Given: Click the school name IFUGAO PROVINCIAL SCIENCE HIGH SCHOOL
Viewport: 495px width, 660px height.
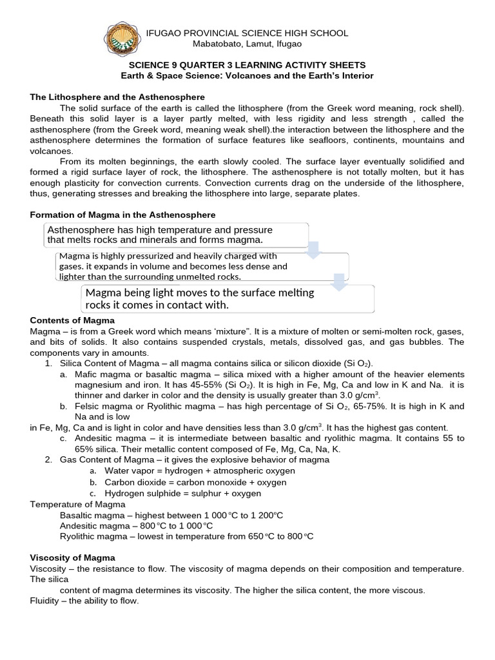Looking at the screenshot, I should point(247,33).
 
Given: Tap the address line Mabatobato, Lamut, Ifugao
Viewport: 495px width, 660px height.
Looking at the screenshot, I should point(247,44).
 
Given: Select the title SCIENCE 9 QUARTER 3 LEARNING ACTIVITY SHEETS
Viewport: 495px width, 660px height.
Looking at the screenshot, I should point(247,65).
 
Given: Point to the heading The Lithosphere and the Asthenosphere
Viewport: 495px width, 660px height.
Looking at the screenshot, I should point(117,97).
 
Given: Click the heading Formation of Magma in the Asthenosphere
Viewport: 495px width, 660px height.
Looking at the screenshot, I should point(123,214).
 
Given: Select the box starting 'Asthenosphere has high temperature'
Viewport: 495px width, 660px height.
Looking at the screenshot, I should point(174,235).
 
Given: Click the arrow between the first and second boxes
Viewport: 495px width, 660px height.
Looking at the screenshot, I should point(313,249).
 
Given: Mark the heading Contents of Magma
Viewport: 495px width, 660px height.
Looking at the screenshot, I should point(72,320).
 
